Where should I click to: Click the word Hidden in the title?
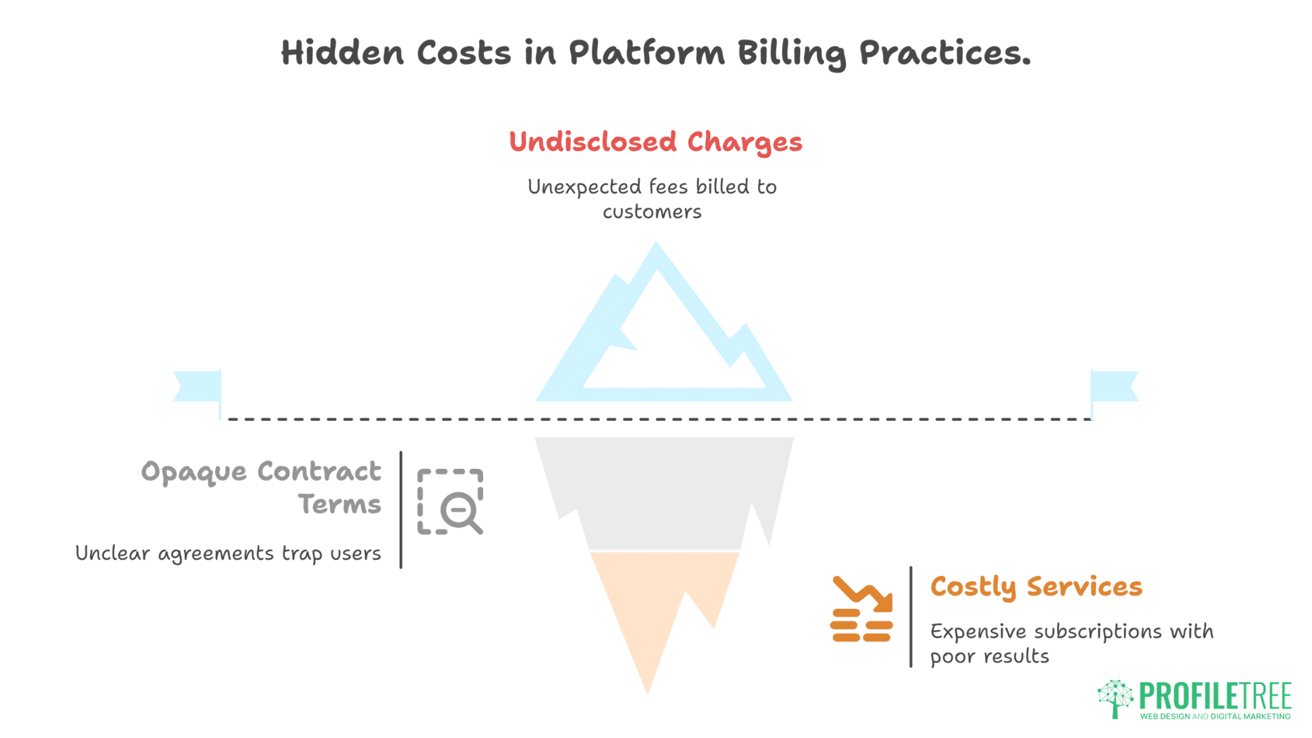342,53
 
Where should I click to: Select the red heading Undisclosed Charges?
655,142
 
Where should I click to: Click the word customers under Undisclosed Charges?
652,212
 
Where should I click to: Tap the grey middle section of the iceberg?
663,492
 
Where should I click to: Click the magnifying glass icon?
459,511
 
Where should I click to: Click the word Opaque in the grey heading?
193,472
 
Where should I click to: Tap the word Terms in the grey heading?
340,504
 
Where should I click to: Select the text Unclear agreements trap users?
228,553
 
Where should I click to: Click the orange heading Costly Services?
1036,587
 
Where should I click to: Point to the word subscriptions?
1097,631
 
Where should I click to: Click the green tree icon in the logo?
1115,698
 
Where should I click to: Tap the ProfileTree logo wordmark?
1215,696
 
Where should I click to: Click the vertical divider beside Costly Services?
911,616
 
